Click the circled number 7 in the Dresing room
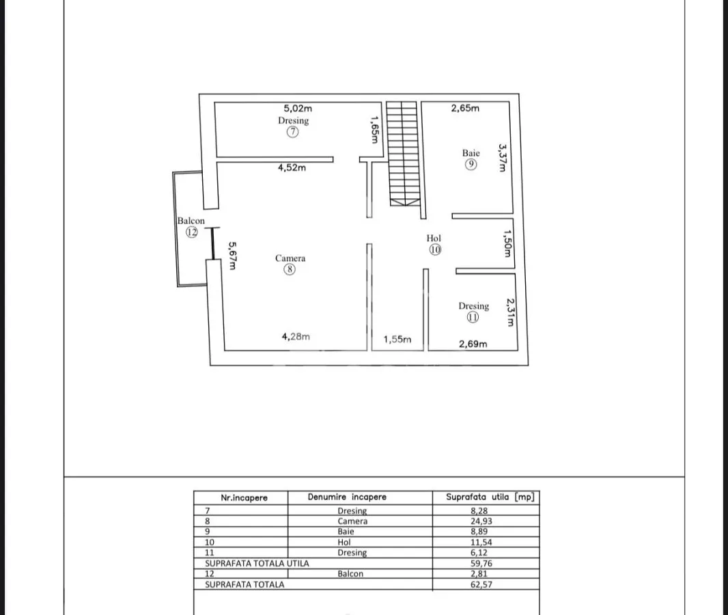(x=292, y=132)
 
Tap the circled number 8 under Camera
(x=290, y=269)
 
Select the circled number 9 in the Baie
(x=471, y=164)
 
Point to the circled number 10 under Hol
(x=435, y=249)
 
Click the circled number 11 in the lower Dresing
(x=473, y=317)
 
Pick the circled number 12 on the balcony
(x=192, y=232)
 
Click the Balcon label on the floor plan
(x=191, y=221)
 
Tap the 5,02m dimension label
(x=298, y=108)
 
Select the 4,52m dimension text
(x=292, y=167)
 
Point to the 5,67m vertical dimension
(x=233, y=256)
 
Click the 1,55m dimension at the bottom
(x=397, y=340)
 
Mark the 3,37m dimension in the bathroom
(x=502, y=158)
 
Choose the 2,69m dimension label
(x=473, y=344)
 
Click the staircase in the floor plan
(x=404, y=153)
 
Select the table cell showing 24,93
(x=481, y=521)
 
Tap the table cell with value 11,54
(x=481, y=542)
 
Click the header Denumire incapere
(x=347, y=497)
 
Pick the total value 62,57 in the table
(x=481, y=584)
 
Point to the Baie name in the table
(x=346, y=532)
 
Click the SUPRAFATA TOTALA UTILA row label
(x=257, y=564)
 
